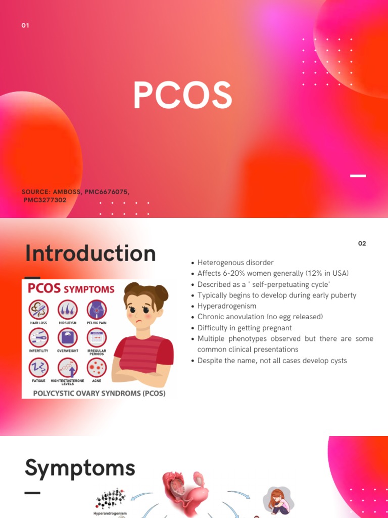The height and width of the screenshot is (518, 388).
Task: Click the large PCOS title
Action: pos(182,96)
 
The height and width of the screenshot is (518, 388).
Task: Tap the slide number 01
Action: pos(25,25)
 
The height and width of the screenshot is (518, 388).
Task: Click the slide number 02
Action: pos(362,243)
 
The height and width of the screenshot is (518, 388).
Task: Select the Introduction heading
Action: pos(90,253)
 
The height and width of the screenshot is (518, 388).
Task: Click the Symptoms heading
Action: pos(80,468)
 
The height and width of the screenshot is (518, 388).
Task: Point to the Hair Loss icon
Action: pos(38,309)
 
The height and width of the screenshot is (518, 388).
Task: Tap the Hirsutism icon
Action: pos(68,309)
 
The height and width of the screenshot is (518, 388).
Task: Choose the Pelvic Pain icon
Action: pos(96,309)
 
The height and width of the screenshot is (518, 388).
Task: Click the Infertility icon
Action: pos(38,337)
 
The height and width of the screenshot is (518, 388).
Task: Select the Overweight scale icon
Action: pos(68,337)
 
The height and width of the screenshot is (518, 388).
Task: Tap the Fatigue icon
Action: pos(38,367)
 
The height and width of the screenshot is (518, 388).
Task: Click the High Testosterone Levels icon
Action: pos(68,367)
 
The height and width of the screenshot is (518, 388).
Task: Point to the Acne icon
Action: pos(96,367)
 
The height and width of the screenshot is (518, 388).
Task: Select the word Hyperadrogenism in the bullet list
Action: pos(227,306)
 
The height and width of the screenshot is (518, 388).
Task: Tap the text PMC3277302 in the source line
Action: pos(45,200)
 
